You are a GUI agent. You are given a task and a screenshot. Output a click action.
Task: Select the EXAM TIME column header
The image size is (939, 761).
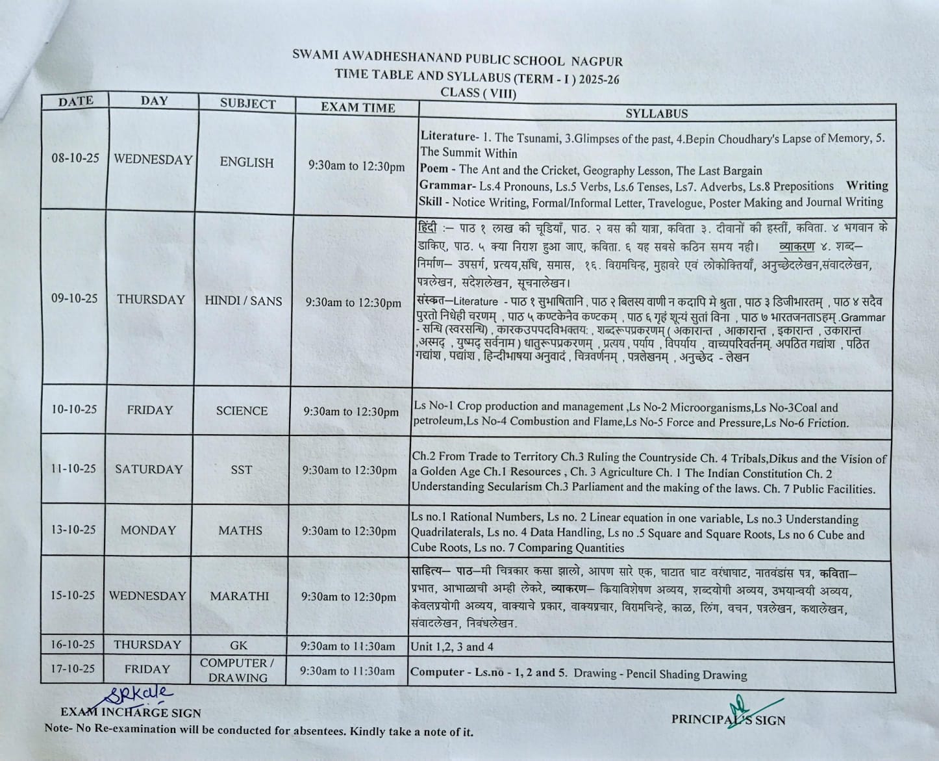pyautogui.click(x=357, y=107)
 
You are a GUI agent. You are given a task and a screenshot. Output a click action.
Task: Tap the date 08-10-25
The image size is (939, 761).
pyautogui.click(x=75, y=159)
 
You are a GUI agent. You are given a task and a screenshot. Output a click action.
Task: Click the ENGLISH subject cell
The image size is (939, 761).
pyautogui.click(x=247, y=162)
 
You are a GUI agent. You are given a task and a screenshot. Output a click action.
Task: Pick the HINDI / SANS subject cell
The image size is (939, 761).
pyautogui.click(x=244, y=300)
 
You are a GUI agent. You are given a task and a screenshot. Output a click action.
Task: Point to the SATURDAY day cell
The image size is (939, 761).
pyautogui.click(x=149, y=469)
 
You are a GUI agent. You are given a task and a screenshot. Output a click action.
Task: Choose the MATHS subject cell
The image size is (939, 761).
pyautogui.click(x=240, y=530)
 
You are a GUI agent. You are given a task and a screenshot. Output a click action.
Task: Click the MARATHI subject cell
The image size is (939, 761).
pyautogui.click(x=240, y=596)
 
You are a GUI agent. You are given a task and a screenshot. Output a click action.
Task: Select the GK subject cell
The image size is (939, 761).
pyautogui.click(x=238, y=646)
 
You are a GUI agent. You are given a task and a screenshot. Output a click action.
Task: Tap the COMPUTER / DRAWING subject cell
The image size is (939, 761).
pyautogui.click(x=238, y=670)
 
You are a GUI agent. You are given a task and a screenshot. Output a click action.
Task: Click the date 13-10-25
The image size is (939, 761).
pyautogui.click(x=73, y=530)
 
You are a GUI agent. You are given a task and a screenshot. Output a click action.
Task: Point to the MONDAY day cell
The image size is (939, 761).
pyautogui.click(x=148, y=530)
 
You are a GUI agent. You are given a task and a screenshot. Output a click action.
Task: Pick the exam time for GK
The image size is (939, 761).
pyautogui.click(x=348, y=646)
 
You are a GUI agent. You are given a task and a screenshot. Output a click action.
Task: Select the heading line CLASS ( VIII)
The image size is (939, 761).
pyautogui.click(x=479, y=92)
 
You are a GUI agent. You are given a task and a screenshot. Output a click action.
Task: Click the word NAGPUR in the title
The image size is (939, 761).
pyautogui.click(x=597, y=62)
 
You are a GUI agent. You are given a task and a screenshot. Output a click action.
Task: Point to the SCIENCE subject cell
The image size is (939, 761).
pyautogui.click(x=242, y=411)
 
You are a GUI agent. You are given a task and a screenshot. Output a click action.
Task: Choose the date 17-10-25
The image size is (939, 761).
pyautogui.click(x=73, y=669)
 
